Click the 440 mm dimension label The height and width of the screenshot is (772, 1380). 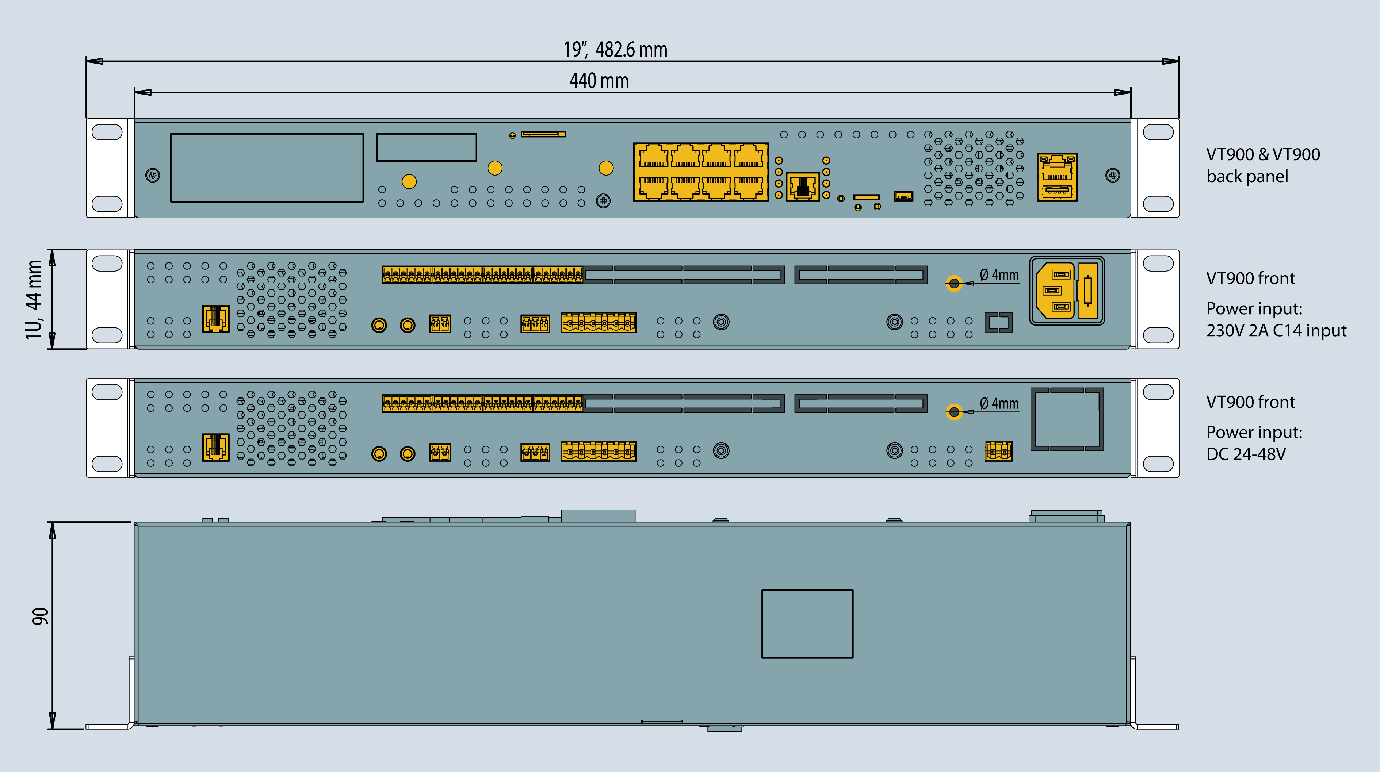599,81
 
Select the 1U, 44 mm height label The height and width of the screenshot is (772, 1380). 33,299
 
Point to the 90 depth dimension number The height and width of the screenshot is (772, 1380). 40,616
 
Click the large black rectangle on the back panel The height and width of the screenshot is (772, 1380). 267,168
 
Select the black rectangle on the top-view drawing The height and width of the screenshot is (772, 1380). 807,624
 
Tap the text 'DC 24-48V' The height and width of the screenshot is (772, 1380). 1246,454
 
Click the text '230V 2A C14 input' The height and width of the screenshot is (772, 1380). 1276,330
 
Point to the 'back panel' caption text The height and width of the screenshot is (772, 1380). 1247,176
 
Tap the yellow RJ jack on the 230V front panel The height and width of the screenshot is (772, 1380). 215,319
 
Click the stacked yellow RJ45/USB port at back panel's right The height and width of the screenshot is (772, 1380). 1056,177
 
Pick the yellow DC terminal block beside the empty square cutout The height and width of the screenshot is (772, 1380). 998,451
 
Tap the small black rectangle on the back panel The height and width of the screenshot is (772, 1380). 427,147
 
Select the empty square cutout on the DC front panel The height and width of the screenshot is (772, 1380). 1067,419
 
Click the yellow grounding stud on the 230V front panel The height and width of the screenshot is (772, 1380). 953,283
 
